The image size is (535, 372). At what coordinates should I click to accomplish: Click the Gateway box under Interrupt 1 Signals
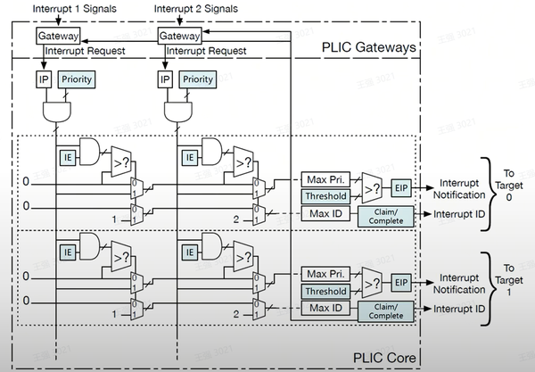click(58, 37)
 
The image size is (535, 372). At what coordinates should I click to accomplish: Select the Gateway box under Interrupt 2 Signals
click(179, 37)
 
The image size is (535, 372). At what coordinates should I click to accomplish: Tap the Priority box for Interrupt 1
click(77, 79)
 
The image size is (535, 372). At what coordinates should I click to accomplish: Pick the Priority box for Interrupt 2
click(197, 79)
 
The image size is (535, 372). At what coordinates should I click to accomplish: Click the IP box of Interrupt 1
click(43, 79)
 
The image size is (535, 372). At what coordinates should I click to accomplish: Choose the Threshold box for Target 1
click(326, 292)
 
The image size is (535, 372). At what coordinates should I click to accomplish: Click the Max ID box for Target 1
click(326, 308)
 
